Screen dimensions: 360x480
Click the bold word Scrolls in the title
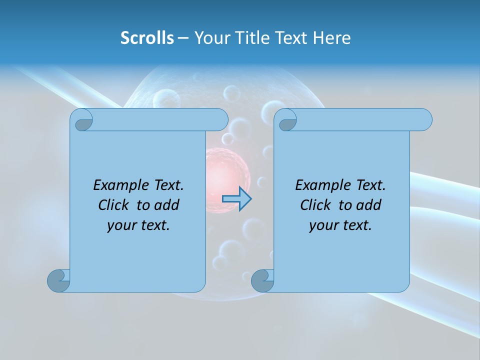(x=147, y=38)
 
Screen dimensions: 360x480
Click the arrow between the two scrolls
(x=236, y=198)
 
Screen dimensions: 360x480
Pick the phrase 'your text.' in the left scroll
(x=138, y=225)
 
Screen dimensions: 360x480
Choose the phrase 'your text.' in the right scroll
(x=340, y=225)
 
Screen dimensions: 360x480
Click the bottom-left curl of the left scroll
(x=59, y=280)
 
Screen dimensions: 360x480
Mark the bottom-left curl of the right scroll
(x=263, y=280)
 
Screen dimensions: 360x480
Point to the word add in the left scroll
(x=167, y=205)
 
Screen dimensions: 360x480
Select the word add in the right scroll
(x=369, y=205)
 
